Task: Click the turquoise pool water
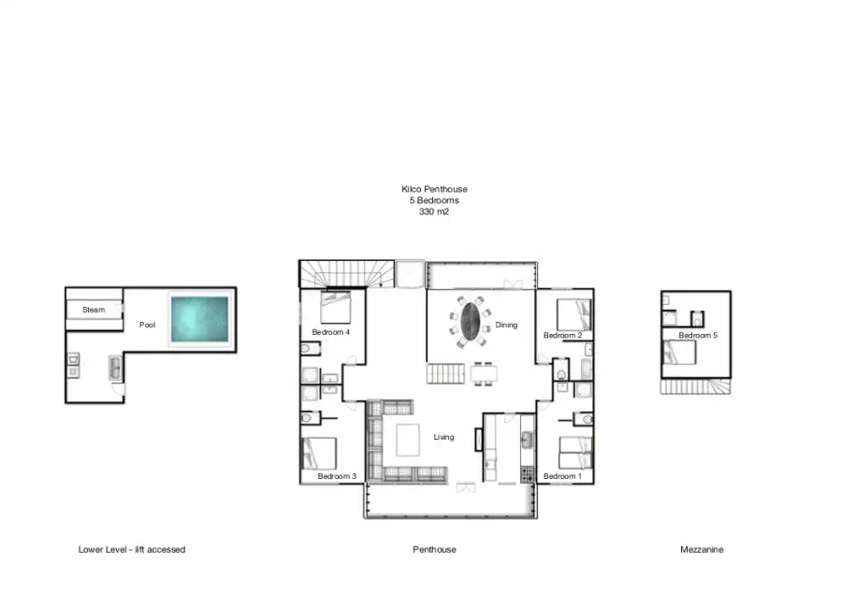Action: (x=200, y=319)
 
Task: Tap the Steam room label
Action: (x=94, y=310)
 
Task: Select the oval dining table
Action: (x=471, y=321)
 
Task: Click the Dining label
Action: (x=506, y=325)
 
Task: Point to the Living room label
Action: (x=444, y=437)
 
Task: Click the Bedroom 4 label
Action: (x=331, y=332)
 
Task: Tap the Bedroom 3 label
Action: (x=337, y=476)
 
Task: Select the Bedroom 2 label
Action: (x=563, y=335)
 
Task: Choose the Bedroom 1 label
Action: (x=562, y=476)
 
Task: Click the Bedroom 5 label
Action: (x=698, y=335)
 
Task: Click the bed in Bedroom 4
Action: (x=336, y=307)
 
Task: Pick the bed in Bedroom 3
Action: (x=320, y=454)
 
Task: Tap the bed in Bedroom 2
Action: (x=574, y=314)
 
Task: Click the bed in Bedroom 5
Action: (x=680, y=353)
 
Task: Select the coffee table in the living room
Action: (x=408, y=441)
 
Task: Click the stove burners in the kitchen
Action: (x=528, y=474)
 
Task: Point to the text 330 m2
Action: (x=434, y=211)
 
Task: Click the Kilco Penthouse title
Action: (x=434, y=189)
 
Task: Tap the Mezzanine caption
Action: (x=702, y=549)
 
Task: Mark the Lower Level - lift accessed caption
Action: (x=132, y=549)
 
